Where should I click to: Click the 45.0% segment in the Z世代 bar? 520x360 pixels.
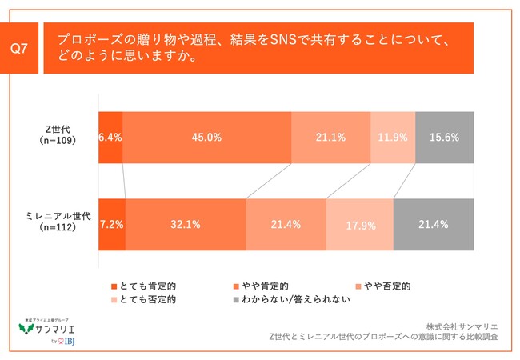pos(206,138)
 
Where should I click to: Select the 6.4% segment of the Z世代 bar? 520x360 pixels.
pos(110,138)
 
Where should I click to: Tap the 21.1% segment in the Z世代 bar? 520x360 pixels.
pos(330,138)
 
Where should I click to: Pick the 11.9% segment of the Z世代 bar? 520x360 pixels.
pos(393,138)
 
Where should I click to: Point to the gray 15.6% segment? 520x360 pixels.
pos(444,138)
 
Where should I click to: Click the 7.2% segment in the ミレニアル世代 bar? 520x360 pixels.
pos(111,224)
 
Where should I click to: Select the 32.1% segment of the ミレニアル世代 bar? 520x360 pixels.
pos(185,224)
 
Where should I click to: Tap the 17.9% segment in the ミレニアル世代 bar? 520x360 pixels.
pos(359,224)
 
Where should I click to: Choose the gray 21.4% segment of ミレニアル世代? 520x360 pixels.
pos(433,224)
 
